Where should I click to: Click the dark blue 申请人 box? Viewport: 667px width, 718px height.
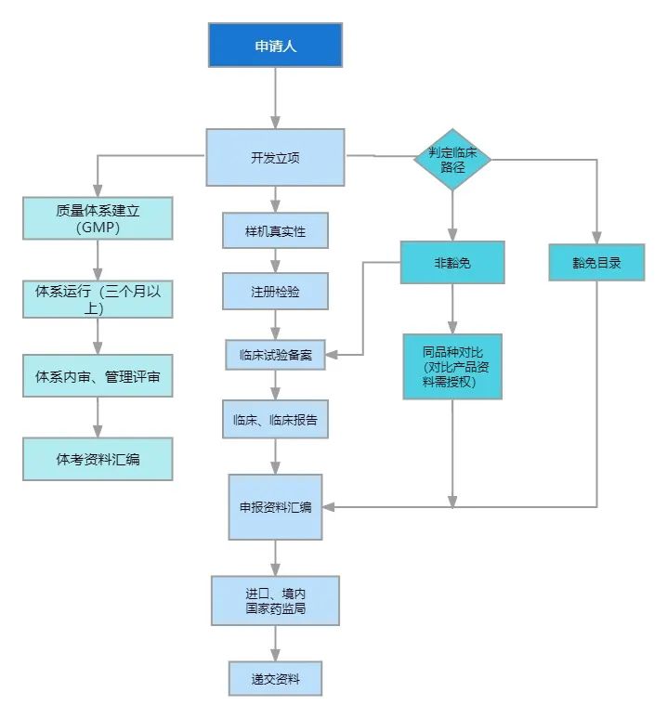275,45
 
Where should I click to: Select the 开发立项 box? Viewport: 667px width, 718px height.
275,156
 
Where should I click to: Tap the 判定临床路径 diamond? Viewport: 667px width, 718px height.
452,159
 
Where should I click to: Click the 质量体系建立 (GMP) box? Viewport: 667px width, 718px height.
98,217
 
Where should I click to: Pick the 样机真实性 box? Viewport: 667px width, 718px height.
275,230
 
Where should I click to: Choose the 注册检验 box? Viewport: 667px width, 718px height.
275,291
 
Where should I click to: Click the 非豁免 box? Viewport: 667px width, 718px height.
452,262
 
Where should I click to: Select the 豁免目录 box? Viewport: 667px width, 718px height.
596,262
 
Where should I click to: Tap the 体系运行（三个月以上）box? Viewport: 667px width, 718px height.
98,298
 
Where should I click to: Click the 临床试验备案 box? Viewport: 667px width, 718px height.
275,355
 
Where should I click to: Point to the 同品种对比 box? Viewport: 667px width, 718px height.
452,366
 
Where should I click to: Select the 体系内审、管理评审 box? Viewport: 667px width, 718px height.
98,377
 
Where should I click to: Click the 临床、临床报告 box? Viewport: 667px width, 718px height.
275,419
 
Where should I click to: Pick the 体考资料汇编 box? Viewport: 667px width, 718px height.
98,458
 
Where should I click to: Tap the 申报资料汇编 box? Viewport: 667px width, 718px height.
275,507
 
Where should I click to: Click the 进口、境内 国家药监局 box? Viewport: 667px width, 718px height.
275,600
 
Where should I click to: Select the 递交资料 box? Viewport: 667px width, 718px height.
275,678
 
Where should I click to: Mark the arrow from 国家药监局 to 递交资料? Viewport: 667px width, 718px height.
275,643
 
